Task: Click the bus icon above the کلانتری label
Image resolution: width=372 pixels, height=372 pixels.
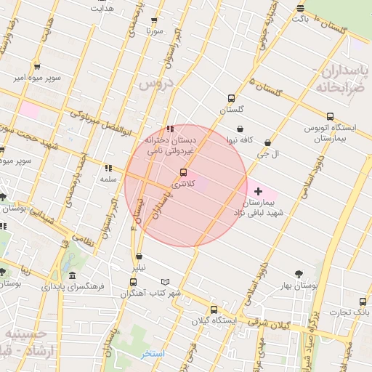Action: (x=182, y=173)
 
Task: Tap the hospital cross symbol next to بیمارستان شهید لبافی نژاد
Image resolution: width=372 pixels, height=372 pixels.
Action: (x=258, y=191)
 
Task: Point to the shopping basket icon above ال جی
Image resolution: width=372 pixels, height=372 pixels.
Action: (x=268, y=143)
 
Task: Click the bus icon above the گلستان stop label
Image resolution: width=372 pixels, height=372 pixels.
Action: (x=232, y=98)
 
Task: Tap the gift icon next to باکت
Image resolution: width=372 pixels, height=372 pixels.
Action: (x=301, y=8)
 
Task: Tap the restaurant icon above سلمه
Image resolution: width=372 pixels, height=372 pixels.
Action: (x=108, y=168)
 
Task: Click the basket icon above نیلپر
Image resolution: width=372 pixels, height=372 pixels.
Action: (x=139, y=256)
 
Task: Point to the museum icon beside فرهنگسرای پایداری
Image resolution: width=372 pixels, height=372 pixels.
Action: (x=72, y=276)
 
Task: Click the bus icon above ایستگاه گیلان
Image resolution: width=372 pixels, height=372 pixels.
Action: (x=213, y=310)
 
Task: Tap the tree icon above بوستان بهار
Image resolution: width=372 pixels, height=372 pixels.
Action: (x=299, y=274)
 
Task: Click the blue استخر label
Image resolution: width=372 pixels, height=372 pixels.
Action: (x=153, y=354)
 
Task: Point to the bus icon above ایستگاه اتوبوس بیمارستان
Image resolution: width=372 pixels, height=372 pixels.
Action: (x=330, y=116)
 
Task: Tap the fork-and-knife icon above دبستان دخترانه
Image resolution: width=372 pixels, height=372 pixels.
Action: (x=170, y=129)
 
